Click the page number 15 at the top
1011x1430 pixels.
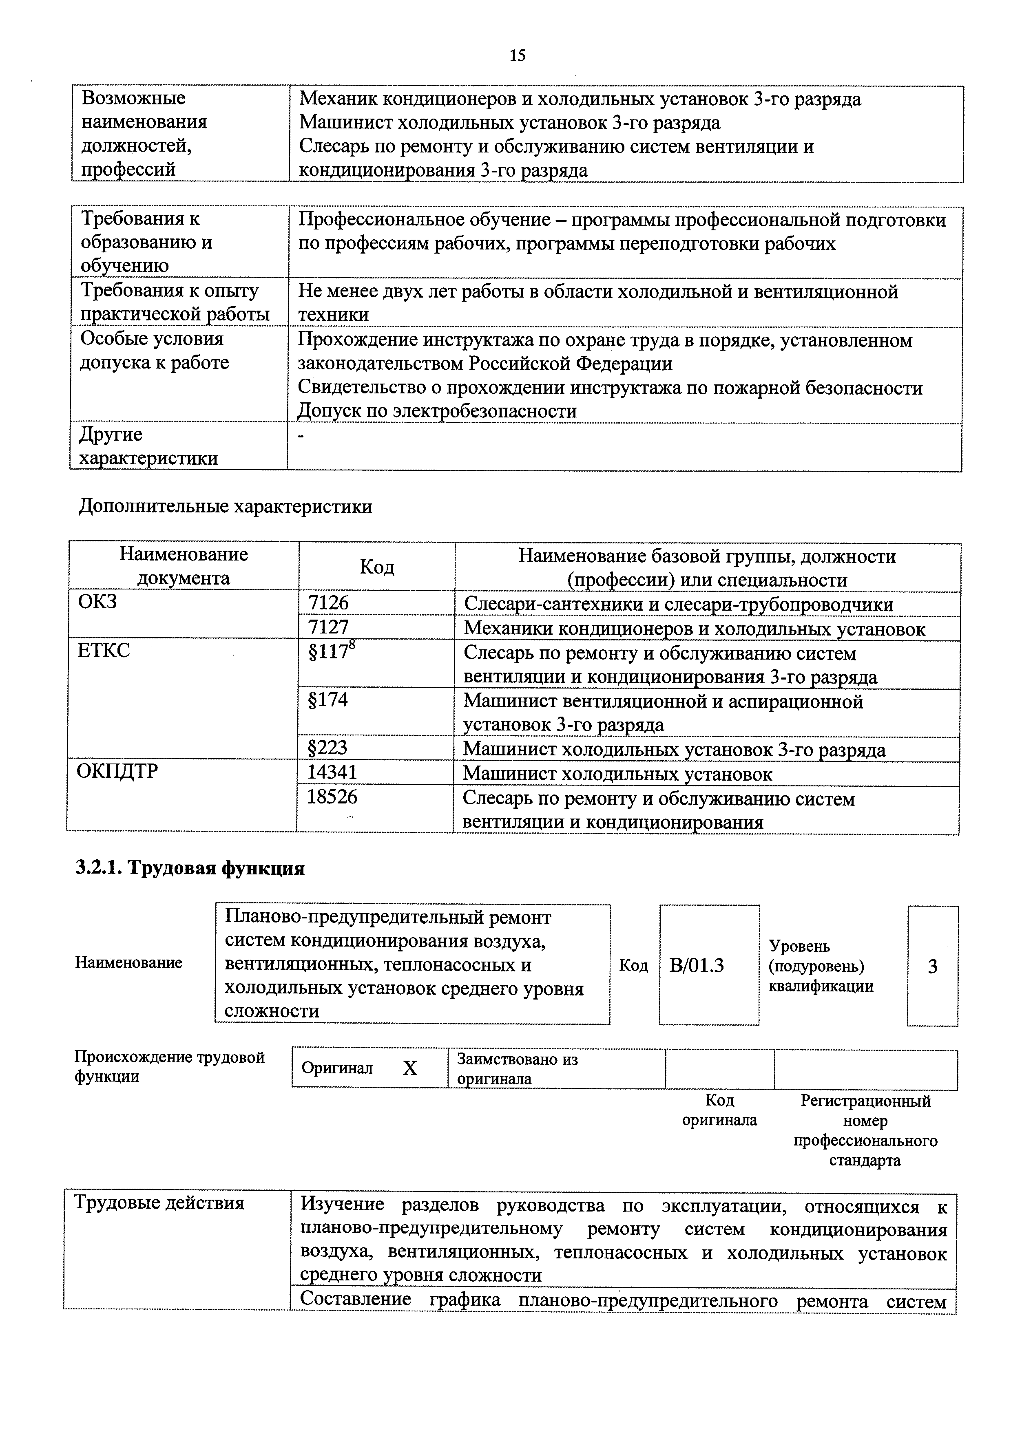pos(517,56)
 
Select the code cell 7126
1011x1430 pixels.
pos(328,603)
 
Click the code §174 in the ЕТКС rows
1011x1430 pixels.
pos(328,700)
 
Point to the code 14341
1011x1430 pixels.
pos(332,772)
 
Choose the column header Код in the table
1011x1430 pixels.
pos(377,567)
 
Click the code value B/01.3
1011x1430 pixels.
pos(697,966)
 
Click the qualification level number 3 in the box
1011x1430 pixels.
pos(933,967)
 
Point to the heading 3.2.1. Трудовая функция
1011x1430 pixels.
pos(190,868)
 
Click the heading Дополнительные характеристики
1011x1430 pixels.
pos(226,506)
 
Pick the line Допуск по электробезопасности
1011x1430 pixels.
pos(437,411)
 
